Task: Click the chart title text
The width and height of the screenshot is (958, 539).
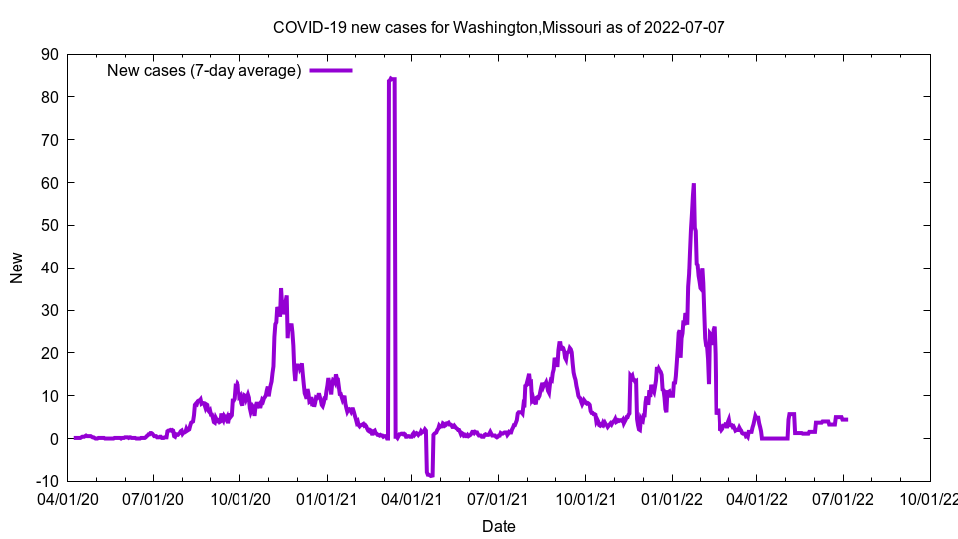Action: point(498,27)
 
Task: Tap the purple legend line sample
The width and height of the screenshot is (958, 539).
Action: point(330,70)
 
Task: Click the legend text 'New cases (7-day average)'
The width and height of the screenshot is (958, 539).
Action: point(204,70)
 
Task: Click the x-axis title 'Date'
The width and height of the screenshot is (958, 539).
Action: point(498,526)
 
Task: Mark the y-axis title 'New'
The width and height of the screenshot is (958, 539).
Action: point(17,268)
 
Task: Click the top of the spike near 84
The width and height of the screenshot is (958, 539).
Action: point(391,78)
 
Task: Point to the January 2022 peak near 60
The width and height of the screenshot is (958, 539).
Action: point(693,185)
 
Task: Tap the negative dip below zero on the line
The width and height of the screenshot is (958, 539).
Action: point(429,474)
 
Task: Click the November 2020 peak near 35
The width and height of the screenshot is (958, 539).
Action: point(281,290)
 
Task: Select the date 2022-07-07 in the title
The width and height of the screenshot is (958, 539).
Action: point(684,27)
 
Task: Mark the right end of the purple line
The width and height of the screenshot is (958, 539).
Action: point(847,419)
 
